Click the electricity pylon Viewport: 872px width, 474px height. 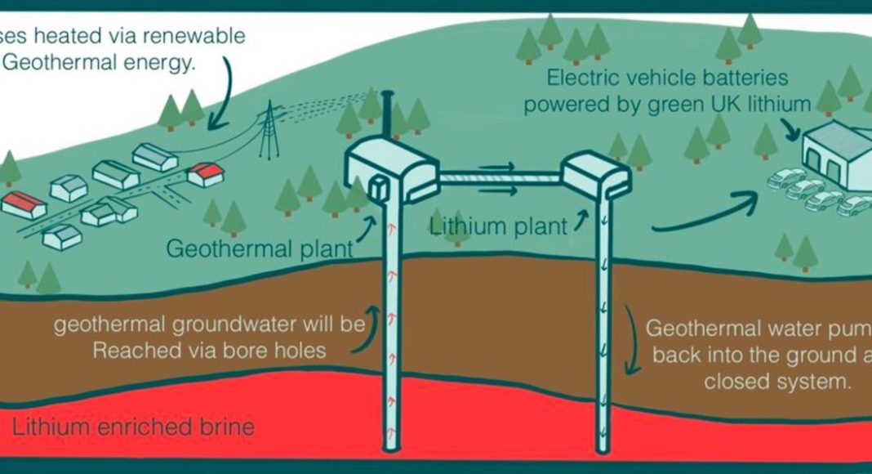point(267,134)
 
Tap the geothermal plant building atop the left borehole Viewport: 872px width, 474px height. point(384,168)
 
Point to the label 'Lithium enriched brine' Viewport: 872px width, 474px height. point(133,427)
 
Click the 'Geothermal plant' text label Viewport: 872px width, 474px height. point(260,248)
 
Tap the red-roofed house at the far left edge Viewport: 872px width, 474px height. point(22,204)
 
